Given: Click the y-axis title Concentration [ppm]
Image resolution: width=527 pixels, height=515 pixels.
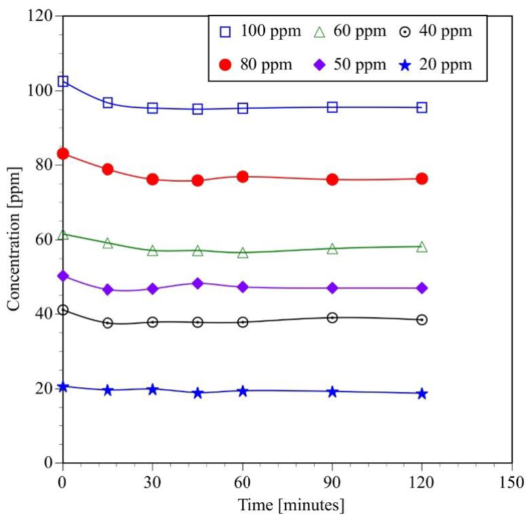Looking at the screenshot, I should tap(13, 239).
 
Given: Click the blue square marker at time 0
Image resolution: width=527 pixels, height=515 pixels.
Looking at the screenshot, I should tap(63, 81).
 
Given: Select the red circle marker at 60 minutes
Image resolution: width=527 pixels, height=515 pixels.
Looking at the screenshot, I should tap(243, 177).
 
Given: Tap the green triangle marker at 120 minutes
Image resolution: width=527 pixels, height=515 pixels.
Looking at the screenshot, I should tap(422, 247).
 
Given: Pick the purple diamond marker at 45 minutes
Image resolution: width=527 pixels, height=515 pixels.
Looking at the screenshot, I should tap(198, 283).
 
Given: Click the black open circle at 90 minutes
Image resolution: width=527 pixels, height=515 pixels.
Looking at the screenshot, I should tap(332, 318).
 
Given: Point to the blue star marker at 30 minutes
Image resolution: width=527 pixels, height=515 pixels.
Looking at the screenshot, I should tap(153, 389).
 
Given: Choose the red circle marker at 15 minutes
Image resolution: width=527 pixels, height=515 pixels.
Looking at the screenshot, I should tap(108, 169).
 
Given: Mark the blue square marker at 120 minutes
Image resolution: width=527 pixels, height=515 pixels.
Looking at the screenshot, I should tap(422, 107).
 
